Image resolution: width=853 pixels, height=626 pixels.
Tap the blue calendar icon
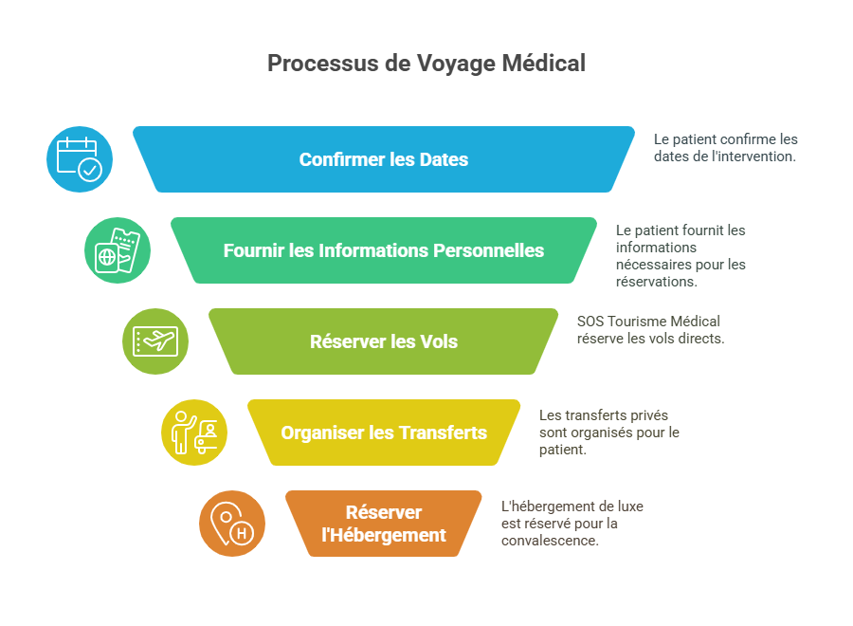click(x=80, y=159)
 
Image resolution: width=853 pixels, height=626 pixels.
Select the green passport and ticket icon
click(x=118, y=250)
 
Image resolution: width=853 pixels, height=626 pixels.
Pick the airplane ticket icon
click(x=155, y=341)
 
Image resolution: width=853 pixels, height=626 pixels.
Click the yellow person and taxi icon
click(x=194, y=433)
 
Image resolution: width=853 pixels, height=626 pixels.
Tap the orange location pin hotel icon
click(x=232, y=524)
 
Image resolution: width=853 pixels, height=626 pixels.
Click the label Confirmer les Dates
click(x=384, y=159)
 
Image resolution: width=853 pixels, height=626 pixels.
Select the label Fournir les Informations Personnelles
click(x=384, y=250)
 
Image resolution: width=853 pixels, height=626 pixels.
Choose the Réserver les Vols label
click(x=384, y=341)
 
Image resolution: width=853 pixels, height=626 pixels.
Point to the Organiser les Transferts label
click(x=384, y=433)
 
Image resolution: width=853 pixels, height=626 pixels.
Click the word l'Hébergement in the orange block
click(x=384, y=535)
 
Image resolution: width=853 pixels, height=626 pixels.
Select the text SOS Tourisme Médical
click(x=648, y=321)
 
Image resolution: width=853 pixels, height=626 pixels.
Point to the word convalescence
click(x=550, y=541)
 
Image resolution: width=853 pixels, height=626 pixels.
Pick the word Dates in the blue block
click(x=445, y=159)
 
